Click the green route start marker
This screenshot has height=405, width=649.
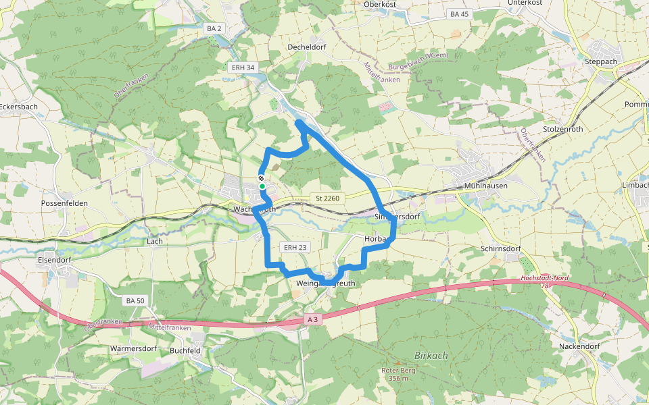(x=262, y=186)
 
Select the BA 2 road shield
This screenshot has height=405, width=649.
(x=214, y=28)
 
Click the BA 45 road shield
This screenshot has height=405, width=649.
(x=459, y=14)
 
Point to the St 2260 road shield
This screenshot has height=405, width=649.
(x=327, y=198)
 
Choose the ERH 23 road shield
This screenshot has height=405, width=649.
(x=295, y=248)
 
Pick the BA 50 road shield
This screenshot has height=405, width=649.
(x=135, y=300)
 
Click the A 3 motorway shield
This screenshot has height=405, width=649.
(x=312, y=319)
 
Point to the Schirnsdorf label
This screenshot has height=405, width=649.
(x=500, y=248)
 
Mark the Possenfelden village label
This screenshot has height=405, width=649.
(x=65, y=203)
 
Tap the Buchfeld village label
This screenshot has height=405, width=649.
(x=185, y=350)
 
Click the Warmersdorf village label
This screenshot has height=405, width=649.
(x=133, y=349)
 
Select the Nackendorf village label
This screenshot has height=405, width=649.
(x=579, y=346)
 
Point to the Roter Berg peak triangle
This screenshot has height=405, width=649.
(x=398, y=363)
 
